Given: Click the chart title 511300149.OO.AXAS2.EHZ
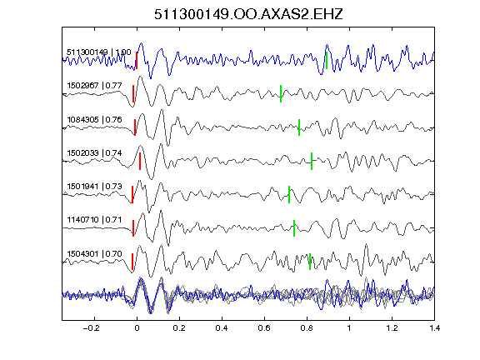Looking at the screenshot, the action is [248, 14].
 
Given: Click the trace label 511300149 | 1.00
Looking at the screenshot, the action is [99, 52].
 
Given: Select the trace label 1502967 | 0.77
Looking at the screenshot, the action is [94, 85].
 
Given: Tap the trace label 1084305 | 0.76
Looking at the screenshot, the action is [94, 119].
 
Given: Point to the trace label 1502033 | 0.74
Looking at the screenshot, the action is [94, 152].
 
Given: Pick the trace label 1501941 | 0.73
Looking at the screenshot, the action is [94, 186].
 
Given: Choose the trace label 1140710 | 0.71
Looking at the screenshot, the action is [94, 219].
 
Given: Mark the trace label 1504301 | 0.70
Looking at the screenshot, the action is [94, 254].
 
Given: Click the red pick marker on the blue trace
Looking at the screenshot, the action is [137, 60].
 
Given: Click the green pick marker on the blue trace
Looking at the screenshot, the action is [327, 60].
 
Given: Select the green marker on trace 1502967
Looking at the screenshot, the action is [281, 93].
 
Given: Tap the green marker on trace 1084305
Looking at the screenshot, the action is [299, 127].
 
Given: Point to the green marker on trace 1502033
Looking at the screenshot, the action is [312, 161].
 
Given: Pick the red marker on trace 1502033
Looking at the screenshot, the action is [140, 161].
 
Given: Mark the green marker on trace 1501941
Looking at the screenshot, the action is [289, 194].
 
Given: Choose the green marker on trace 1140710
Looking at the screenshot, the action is [294, 228].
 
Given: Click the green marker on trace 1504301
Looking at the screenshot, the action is [310, 262].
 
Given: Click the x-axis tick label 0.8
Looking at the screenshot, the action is [307, 328].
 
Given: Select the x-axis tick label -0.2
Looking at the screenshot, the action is [91, 328].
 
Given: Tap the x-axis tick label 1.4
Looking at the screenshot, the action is [434, 328].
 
